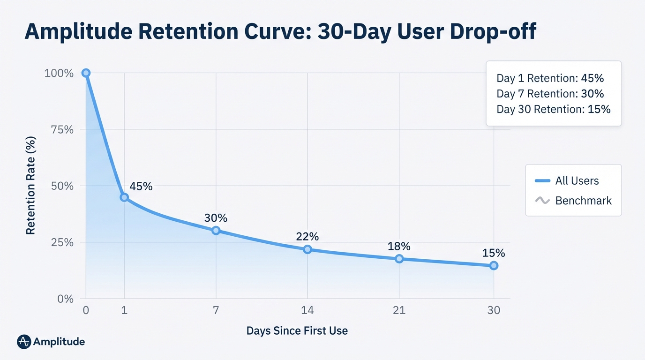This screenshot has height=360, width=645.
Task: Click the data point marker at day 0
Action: pyautogui.click(x=86, y=73)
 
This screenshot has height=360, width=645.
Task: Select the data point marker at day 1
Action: pyautogui.click(x=124, y=197)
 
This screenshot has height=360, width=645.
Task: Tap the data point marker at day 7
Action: pyautogui.click(x=216, y=230)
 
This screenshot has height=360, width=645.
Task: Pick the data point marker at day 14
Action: pyautogui.click(x=307, y=249)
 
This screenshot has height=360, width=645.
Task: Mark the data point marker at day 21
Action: pyautogui.click(x=399, y=259)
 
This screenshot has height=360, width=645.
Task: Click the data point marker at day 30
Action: pyautogui.click(x=494, y=266)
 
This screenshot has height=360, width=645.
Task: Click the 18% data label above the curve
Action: pyautogui.click(x=399, y=246)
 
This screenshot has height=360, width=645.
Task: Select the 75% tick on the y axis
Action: pyautogui.click(x=62, y=129)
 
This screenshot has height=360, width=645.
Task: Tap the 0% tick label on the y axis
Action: pyautogui.click(x=65, y=299)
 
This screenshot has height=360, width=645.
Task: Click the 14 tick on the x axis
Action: pyautogui.click(x=307, y=310)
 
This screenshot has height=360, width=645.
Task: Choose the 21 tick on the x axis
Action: pyautogui.click(x=399, y=310)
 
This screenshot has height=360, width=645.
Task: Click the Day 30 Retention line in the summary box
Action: pyautogui.click(x=554, y=109)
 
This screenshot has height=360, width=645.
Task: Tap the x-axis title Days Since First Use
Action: pyautogui.click(x=297, y=330)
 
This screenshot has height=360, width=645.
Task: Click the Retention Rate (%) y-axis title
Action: pyautogui.click(x=31, y=186)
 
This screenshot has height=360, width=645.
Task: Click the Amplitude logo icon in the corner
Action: pyautogui.click(x=24, y=342)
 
